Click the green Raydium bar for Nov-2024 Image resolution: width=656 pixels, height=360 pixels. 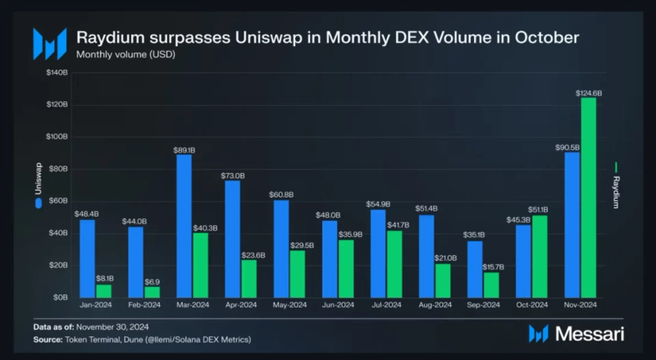click(588, 198)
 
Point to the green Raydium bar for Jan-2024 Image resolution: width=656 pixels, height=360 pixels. click(103, 290)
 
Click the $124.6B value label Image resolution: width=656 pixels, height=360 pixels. click(588, 93)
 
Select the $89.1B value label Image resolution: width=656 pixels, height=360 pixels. click(184, 150)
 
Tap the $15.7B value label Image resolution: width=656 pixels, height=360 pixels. click(491, 267)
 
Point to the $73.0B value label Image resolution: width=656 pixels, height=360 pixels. click(233, 175)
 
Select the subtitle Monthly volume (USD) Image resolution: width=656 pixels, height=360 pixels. click(125, 55)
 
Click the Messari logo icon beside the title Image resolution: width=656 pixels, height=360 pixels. click(49, 43)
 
